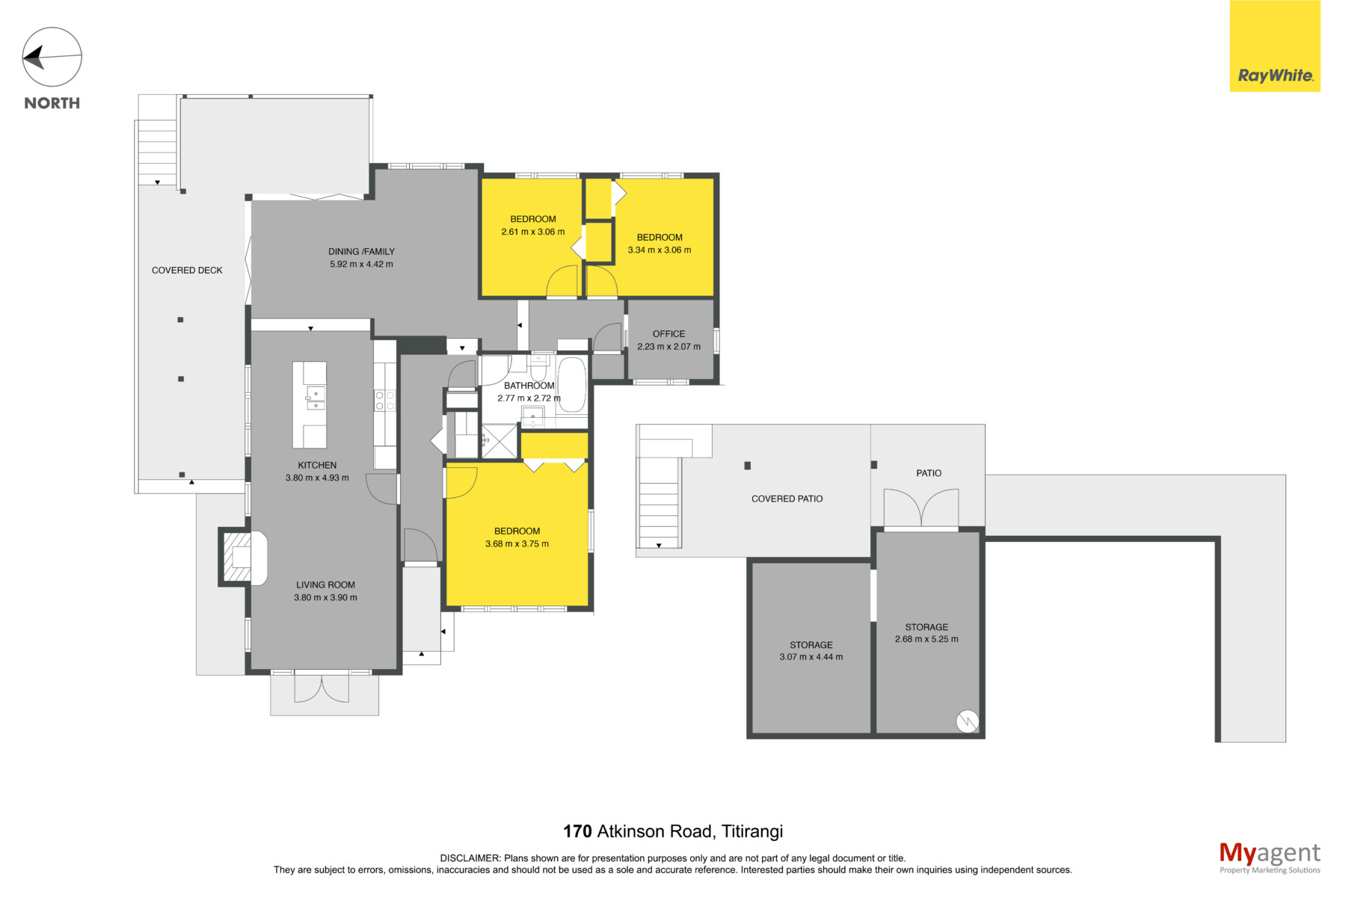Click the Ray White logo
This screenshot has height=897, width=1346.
coord(1275,46)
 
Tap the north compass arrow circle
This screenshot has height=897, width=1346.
coord(52,57)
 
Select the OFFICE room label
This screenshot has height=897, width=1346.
coord(669,334)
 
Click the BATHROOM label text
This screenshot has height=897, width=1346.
coord(529,386)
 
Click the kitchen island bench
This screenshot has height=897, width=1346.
coord(310,404)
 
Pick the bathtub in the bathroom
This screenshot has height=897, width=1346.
coord(572,384)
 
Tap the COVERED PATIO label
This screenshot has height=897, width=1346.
coord(787,499)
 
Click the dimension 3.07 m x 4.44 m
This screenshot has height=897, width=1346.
coord(811,657)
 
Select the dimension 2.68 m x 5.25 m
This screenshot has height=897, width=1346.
coord(926,639)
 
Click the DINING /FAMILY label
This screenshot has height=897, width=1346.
coord(361,251)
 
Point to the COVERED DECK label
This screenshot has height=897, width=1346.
coord(187,271)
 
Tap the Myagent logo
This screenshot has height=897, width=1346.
coord(1270,857)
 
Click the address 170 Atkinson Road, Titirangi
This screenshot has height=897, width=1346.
coord(673,831)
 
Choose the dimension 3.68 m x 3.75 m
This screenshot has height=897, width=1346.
coord(517,544)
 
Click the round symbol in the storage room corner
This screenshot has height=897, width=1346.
coord(967,721)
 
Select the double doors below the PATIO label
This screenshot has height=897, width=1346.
coord(921,508)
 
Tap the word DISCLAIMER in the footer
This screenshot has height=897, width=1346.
coord(470,859)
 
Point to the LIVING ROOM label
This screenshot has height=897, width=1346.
coord(325,585)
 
